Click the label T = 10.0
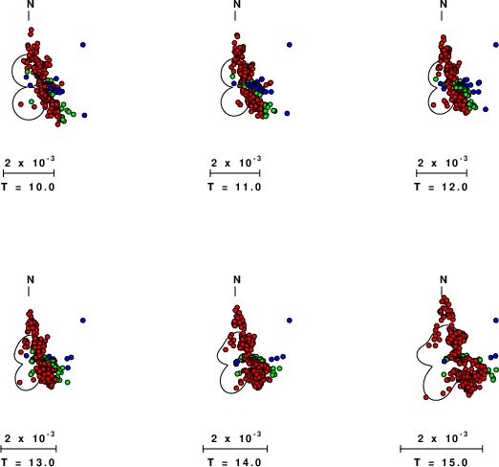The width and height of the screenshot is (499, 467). tap(28, 187)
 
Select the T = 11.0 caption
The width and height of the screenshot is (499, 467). tap(234, 187)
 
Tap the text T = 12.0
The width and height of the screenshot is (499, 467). tap(441, 187)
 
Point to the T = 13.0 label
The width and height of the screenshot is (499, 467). tap(28, 462)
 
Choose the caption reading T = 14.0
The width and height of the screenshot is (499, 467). tap(234, 462)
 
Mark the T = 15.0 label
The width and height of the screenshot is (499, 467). tap(441, 462)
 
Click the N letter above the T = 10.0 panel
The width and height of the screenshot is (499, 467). tap(31, 4)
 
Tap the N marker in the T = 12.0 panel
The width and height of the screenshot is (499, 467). tap(444, 4)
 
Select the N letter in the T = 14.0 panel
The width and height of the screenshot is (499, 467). tap(237, 279)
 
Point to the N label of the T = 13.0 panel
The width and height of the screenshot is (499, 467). tap(31, 279)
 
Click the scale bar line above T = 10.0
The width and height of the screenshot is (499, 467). tap(29, 173)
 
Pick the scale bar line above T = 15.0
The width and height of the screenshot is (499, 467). tap(442, 449)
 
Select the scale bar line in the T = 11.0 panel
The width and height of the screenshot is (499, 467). tap(235, 173)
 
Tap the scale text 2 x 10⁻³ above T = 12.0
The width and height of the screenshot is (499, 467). tap(443, 162)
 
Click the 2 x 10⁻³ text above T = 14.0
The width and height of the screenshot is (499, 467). tap(236, 437)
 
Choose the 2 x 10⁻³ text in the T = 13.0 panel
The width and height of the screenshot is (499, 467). tap(30, 437)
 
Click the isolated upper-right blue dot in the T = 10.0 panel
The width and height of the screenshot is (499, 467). tap(83, 45)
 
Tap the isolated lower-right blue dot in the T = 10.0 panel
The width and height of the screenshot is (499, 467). tap(84, 115)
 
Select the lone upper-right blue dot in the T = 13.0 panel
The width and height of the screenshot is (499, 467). tap(83, 321)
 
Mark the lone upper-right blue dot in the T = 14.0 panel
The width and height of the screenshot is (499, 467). tap(290, 321)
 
